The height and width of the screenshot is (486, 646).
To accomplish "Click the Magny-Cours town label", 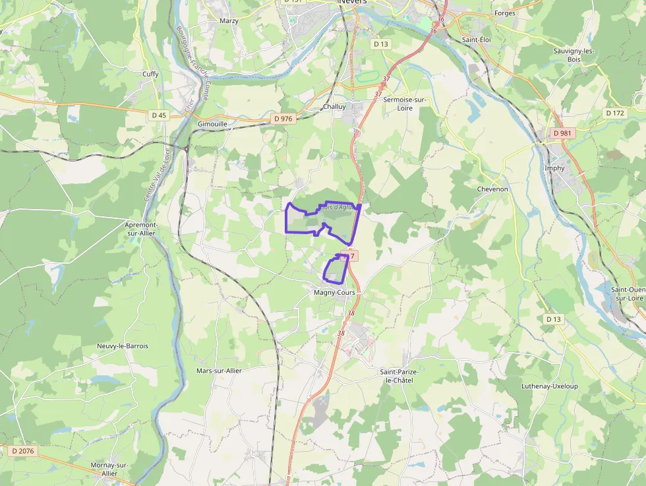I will (x=336, y=292).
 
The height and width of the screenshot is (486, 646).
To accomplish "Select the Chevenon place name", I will (x=492, y=189).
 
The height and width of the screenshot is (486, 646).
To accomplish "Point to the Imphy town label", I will (x=554, y=168).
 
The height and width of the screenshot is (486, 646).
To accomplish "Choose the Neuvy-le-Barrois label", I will (x=123, y=346).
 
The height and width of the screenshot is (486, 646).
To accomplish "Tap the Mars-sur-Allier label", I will (x=219, y=371).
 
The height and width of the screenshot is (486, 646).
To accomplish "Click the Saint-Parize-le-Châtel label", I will (x=399, y=377).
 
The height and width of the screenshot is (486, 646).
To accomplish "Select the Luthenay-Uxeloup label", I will (x=549, y=386).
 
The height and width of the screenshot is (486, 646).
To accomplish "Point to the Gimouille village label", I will (x=212, y=124).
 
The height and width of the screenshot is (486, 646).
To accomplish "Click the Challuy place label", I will (x=335, y=107).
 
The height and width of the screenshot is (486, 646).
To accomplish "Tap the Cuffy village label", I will (x=150, y=74).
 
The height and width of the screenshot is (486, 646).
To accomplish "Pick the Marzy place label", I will (x=229, y=21).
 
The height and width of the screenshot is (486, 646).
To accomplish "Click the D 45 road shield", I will (x=159, y=115).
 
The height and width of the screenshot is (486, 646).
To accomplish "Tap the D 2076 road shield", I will (x=22, y=452).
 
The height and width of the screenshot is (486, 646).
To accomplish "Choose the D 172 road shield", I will (x=614, y=113).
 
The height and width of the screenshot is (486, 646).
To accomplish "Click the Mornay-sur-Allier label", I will (x=109, y=469).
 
